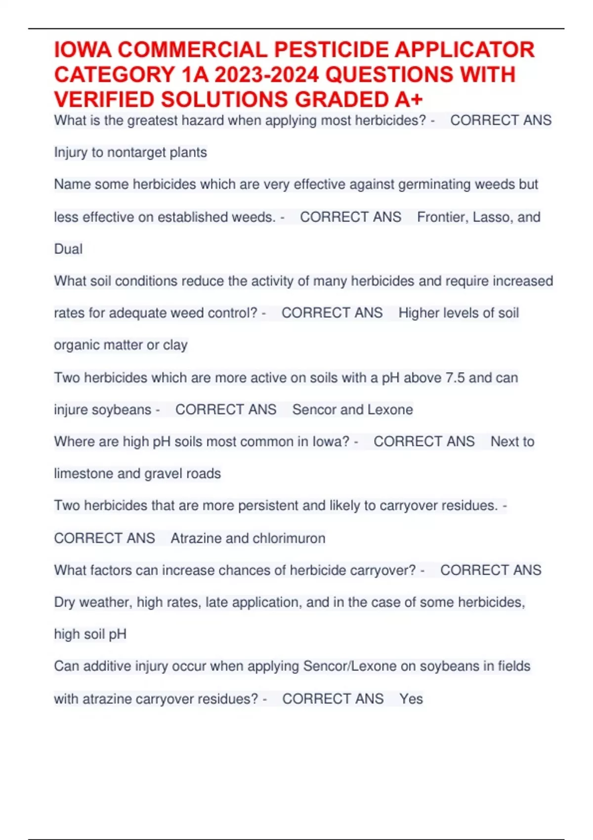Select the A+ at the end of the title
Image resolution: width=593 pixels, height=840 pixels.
(409, 100)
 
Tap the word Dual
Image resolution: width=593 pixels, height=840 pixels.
(68, 249)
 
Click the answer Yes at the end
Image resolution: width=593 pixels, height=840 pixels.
(411, 699)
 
